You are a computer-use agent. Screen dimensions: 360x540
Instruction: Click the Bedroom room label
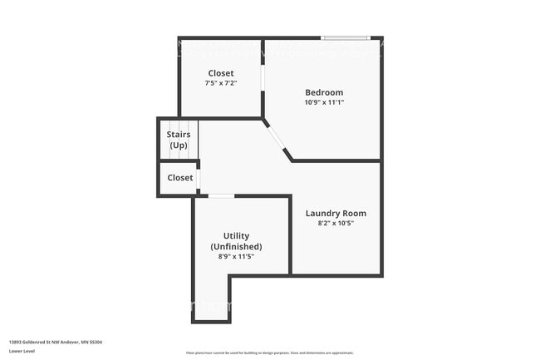click(323, 92)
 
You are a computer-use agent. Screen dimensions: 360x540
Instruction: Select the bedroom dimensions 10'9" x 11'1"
click(323, 102)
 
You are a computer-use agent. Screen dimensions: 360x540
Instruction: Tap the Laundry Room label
click(336, 213)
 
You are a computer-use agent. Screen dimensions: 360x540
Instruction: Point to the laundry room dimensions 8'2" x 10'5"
click(336, 224)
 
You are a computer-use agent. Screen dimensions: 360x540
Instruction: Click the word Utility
click(236, 236)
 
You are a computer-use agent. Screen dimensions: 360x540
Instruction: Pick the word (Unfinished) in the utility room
click(236, 247)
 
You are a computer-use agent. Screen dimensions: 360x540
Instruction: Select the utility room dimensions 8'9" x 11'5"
click(236, 258)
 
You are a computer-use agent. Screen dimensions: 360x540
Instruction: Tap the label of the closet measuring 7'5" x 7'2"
click(221, 73)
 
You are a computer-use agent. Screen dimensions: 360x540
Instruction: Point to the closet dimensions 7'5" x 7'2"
click(221, 83)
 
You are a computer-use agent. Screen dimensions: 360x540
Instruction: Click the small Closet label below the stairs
click(180, 178)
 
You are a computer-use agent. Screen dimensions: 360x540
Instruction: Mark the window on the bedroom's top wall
click(346, 37)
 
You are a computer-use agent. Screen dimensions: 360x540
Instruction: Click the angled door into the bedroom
click(277, 137)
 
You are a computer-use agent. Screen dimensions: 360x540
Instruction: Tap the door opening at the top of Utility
click(221, 196)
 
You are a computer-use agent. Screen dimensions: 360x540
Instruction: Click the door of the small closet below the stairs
click(199, 179)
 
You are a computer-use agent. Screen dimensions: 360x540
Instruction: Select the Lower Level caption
click(22, 351)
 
